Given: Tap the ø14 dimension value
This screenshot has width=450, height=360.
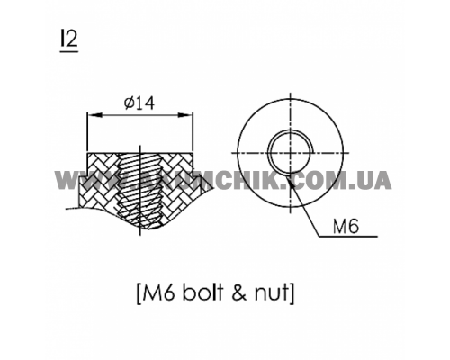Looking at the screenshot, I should [x=139, y=103].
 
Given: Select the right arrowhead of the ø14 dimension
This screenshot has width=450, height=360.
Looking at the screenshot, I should [x=191, y=114].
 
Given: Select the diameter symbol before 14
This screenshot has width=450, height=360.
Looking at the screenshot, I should [x=128, y=103].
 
